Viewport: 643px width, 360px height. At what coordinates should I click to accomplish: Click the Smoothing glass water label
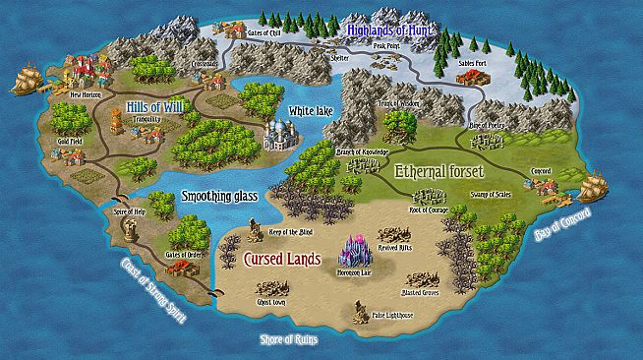point(219,197)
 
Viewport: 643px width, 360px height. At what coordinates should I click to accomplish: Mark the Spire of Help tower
point(128,229)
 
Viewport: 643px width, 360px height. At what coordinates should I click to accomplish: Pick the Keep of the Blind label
point(281,229)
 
